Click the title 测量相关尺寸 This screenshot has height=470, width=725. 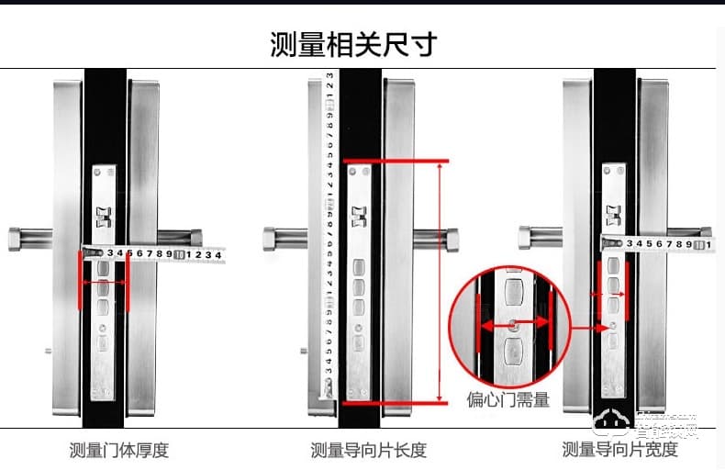353,44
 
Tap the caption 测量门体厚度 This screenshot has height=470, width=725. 119,450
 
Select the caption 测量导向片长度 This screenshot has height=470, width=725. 368,450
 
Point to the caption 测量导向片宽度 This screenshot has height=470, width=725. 619,450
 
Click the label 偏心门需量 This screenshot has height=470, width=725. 507,399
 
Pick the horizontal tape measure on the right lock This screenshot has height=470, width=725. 656,244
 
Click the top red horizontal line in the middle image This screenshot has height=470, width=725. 396,162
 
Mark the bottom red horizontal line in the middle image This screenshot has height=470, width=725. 396,402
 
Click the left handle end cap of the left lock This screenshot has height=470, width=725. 18,239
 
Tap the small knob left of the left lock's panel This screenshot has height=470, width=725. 48,350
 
